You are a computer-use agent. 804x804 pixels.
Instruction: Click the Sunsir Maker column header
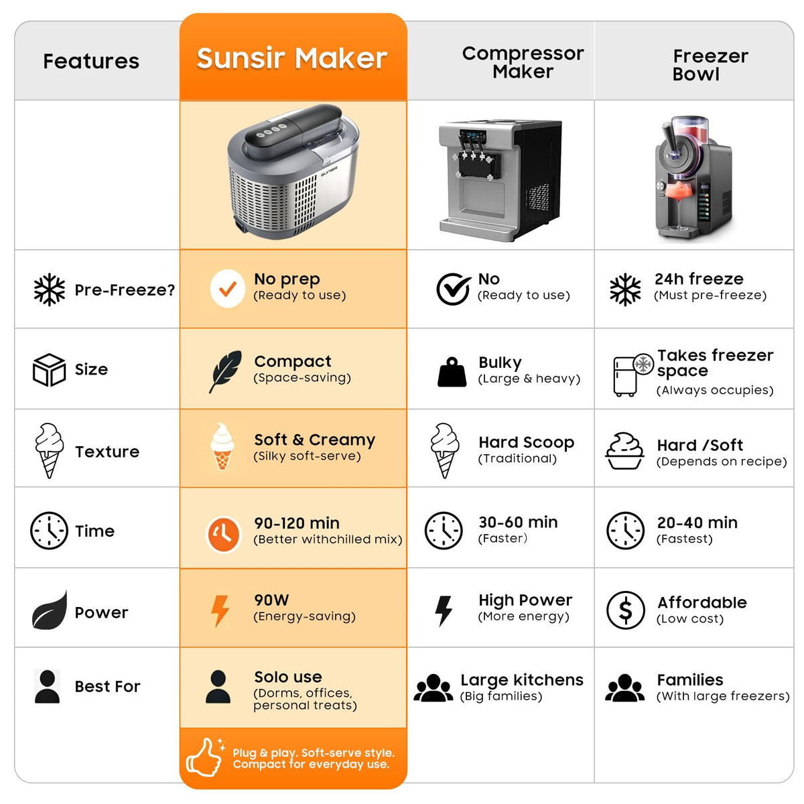[291, 58]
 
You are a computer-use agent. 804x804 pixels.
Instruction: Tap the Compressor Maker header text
[523, 62]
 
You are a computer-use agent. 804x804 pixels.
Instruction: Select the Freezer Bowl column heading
[710, 65]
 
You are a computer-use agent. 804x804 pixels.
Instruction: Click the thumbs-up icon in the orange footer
[204, 757]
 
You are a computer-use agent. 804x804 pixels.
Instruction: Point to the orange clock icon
[223, 534]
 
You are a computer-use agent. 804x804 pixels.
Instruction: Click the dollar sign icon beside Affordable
[625, 610]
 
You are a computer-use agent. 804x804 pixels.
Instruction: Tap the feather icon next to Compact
[225, 371]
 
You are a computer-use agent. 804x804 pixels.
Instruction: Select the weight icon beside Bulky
[452, 372]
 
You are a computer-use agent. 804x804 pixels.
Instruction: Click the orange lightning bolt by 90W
[220, 611]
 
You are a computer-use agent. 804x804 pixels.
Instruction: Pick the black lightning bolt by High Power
[443, 611]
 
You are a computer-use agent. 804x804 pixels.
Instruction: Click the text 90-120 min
[297, 523]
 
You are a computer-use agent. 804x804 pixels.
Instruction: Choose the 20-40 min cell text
[697, 523]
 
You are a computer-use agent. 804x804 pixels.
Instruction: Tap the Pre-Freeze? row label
[125, 289]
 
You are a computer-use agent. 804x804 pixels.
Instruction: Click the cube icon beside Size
[49, 370]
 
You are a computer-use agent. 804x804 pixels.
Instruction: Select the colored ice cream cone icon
[222, 446]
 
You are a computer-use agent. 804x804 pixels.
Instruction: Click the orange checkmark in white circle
[227, 288]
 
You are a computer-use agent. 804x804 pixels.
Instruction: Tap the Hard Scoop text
[526, 442]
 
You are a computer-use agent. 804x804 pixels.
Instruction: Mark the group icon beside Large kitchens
[433, 688]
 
